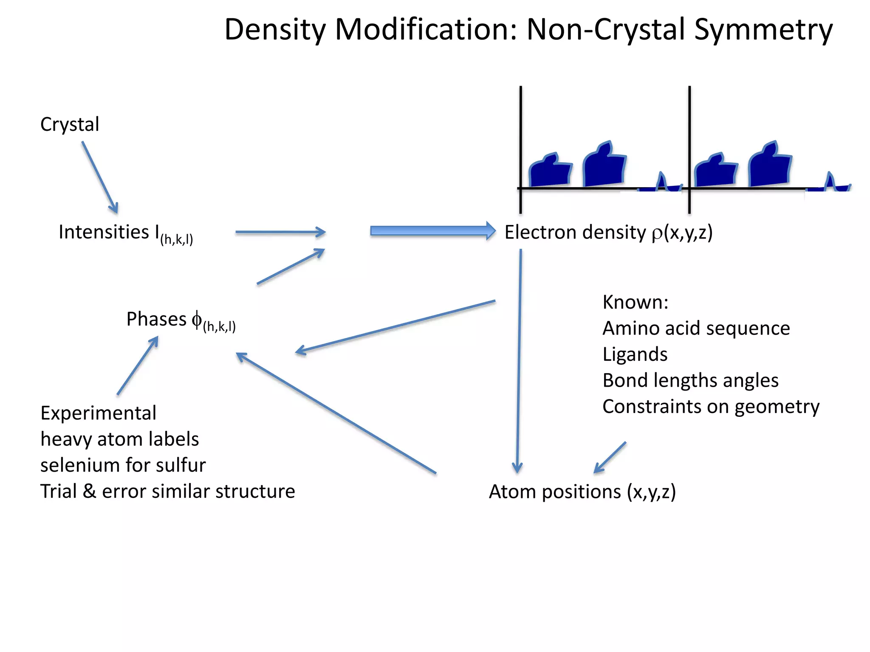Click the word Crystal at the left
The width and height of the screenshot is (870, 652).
(x=70, y=124)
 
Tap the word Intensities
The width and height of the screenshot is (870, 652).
(x=104, y=232)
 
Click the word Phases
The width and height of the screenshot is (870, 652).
(x=156, y=319)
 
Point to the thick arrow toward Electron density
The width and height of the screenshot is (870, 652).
(x=432, y=231)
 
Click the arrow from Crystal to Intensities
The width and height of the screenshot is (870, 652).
(x=100, y=177)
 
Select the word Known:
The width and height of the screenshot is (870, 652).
(x=635, y=302)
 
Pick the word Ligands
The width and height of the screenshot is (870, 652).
(x=635, y=354)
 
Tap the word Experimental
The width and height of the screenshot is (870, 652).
(x=98, y=413)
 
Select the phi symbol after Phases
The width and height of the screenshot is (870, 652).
(x=196, y=319)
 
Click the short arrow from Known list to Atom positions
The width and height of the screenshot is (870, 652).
(x=610, y=458)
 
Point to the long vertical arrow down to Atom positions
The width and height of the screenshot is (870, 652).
(x=519, y=361)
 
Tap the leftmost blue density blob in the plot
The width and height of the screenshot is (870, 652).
(x=550, y=171)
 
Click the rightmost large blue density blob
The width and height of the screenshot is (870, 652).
(x=769, y=167)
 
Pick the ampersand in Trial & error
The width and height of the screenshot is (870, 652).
(x=89, y=491)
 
